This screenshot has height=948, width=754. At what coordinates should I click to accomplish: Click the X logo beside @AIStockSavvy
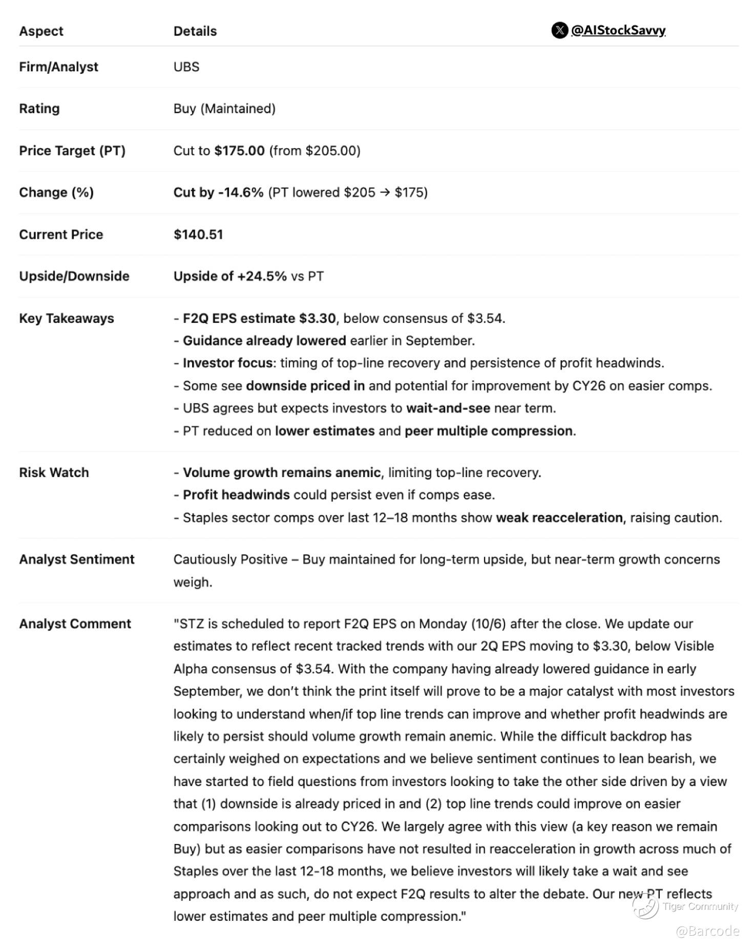(559, 30)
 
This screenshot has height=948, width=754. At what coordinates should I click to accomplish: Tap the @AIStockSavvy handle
(618, 30)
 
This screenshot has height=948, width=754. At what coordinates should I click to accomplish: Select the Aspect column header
(41, 31)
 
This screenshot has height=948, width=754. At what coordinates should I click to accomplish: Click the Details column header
(195, 31)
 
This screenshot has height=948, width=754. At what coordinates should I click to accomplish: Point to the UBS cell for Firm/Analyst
(186, 67)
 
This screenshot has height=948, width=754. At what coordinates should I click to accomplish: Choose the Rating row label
(39, 109)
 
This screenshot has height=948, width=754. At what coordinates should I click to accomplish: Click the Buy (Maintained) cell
(224, 109)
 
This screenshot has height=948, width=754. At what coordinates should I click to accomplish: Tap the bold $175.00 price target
(239, 151)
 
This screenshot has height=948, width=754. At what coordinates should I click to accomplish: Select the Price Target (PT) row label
(72, 151)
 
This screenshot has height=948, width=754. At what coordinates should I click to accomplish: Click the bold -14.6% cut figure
(241, 192)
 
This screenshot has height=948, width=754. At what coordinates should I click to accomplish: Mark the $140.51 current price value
(198, 234)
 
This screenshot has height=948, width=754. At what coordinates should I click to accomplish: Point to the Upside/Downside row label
(74, 276)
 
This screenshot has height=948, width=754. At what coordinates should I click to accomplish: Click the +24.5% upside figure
(262, 276)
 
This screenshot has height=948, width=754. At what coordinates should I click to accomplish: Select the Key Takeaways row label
(67, 318)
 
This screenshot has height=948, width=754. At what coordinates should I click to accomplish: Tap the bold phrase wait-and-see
(448, 408)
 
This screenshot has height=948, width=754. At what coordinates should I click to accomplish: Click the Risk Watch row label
(54, 472)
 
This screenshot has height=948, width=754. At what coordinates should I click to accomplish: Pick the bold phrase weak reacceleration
(560, 518)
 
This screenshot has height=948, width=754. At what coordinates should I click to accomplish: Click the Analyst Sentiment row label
(77, 559)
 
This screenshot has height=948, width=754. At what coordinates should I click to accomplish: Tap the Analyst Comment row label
(75, 624)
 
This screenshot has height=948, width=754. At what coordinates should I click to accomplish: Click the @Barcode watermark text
(707, 931)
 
